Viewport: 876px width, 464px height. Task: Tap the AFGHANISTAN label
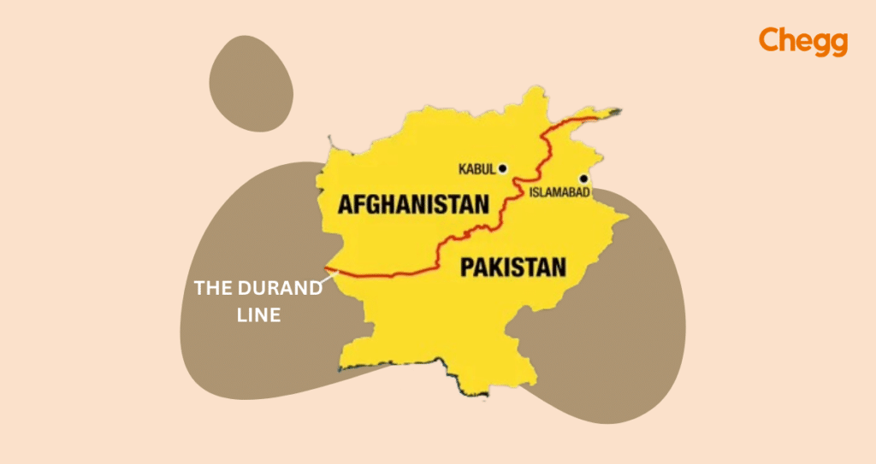(x=413, y=204)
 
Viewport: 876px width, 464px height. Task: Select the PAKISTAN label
(x=512, y=267)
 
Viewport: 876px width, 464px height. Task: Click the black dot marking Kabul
(x=503, y=168)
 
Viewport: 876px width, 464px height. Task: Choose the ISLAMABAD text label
(x=560, y=194)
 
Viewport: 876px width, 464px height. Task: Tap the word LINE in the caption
(x=257, y=315)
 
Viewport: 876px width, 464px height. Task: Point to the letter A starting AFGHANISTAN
(x=346, y=204)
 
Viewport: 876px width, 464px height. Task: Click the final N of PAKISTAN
(x=558, y=267)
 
